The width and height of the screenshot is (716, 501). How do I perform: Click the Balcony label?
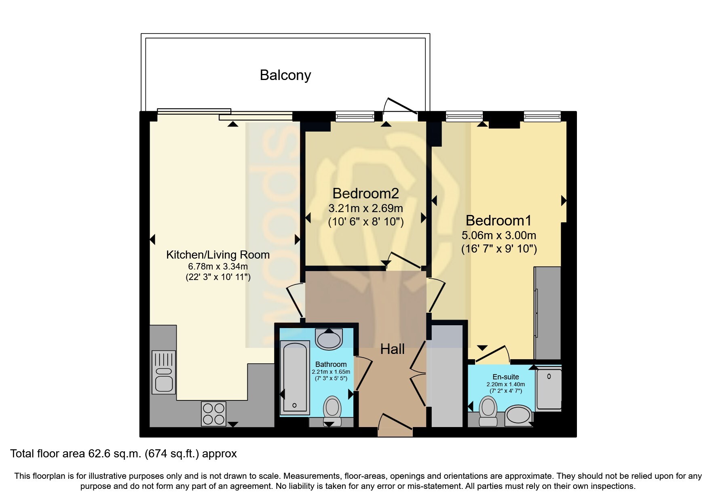pos(285,75)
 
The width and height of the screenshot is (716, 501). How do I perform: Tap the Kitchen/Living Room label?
pos(218,255)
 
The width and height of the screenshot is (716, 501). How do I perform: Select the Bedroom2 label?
pos(365,194)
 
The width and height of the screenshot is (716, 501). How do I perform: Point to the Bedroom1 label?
pos(498,221)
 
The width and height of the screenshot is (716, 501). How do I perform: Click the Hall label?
pos(392,349)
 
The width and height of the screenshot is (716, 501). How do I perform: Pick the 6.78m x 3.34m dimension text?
pos(218,267)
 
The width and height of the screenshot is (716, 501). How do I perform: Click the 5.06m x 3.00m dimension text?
pos(499,236)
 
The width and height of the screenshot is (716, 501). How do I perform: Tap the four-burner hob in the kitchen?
pos(213,414)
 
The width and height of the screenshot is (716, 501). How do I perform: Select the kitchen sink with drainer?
pos(164,372)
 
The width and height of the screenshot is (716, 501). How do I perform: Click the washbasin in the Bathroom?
pos(329,339)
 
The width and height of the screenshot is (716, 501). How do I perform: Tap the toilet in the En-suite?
pos(488,411)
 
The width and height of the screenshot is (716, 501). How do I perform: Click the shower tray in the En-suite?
pos(549,389)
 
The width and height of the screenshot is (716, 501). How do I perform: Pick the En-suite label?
pos(505,377)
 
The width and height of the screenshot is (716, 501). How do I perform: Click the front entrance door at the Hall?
pos(395,425)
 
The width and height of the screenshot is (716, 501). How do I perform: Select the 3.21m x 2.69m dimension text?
pos(365,209)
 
